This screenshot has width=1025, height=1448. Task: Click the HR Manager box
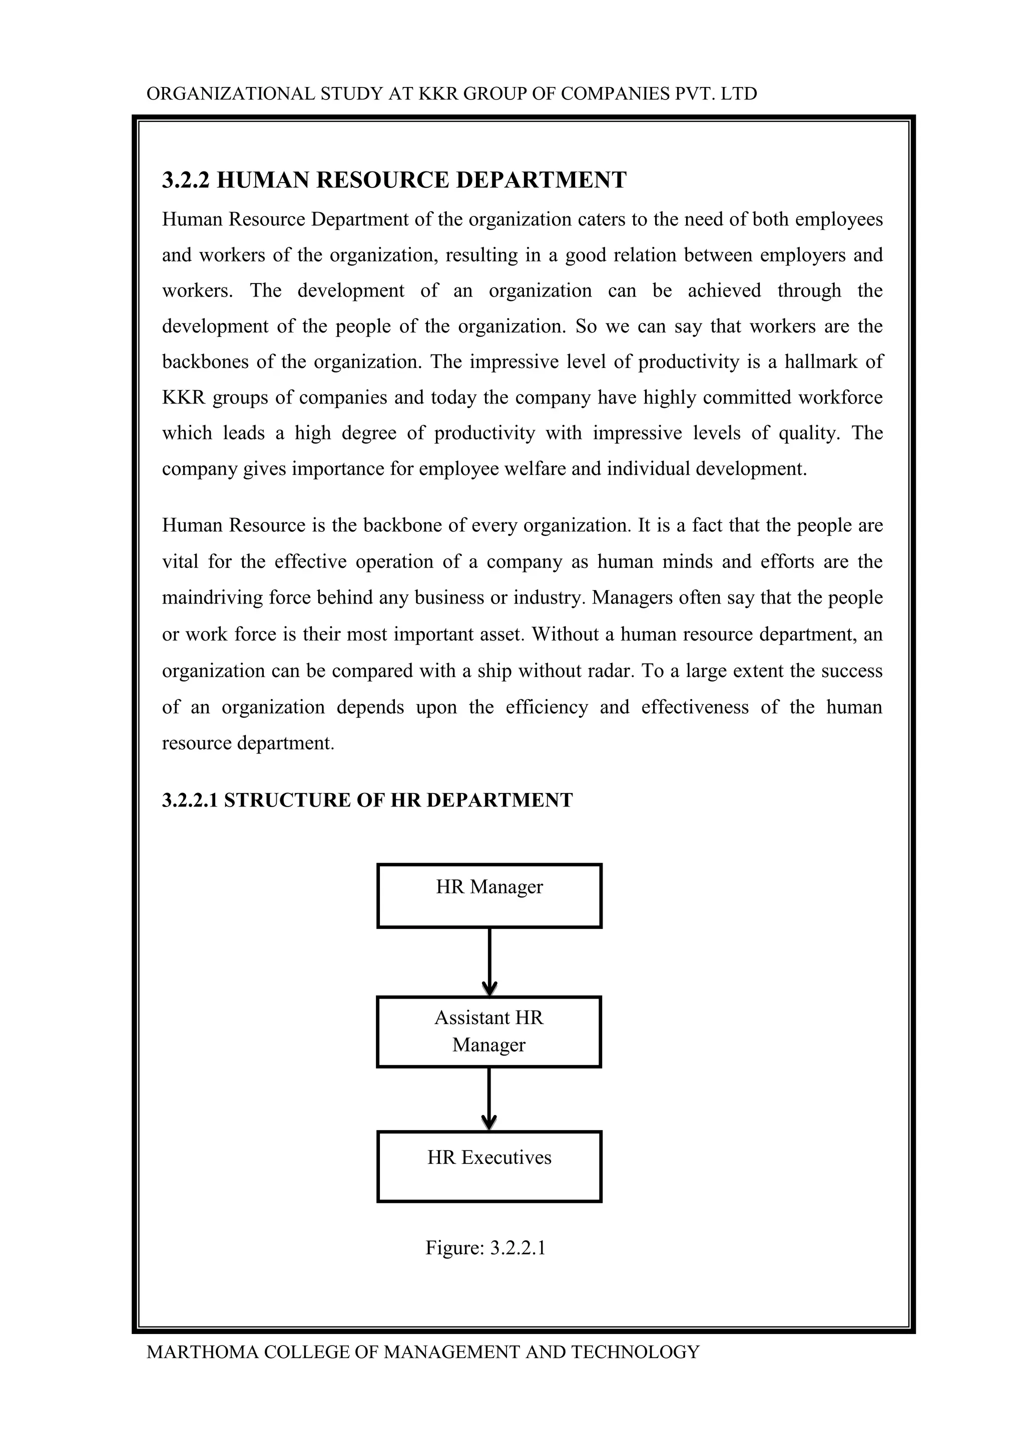pos(489,895)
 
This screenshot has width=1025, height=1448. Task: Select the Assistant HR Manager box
pos(489,1031)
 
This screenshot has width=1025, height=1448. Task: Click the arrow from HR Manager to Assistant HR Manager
pos(489,962)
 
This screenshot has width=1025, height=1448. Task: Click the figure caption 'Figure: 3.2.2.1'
pos(485,1248)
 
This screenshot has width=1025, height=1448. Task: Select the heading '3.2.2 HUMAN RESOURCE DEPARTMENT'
pos(394,180)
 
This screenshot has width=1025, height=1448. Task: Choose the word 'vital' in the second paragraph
pos(180,561)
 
